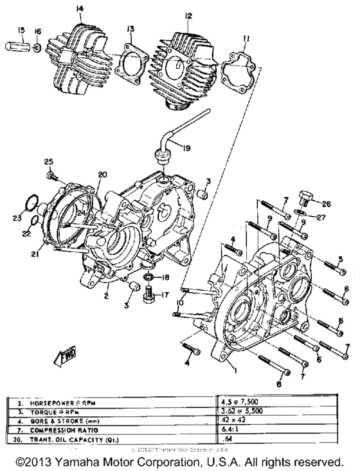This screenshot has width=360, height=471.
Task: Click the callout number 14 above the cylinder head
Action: pyautogui.click(x=79, y=8)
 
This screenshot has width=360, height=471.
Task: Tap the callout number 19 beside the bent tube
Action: pyautogui.click(x=185, y=149)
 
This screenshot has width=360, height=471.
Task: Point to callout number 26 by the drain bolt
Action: pyautogui.click(x=327, y=205)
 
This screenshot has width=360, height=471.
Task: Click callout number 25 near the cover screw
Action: pyautogui.click(x=48, y=161)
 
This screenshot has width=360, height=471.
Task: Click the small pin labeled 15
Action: pyautogui.click(x=17, y=48)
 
